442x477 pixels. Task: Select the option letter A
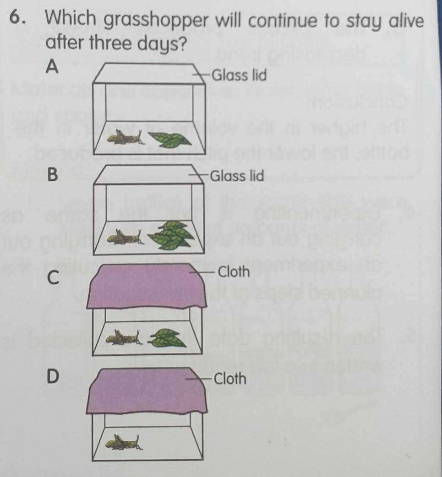tap(53, 67)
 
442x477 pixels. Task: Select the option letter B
tap(53, 175)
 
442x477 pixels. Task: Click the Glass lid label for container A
tap(240, 75)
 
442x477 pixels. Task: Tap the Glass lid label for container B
tap(237, 175)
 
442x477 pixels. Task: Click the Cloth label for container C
tap(234, 272)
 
